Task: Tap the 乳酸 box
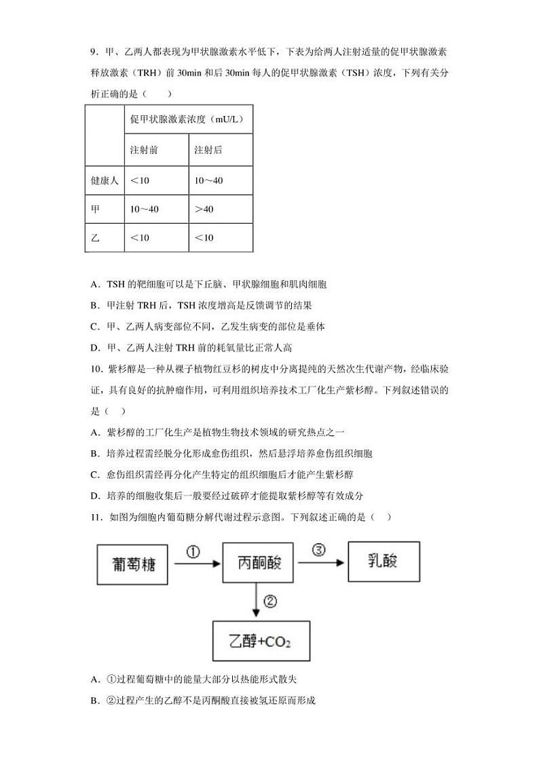tap(383, 561)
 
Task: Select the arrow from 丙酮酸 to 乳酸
tap(320, 562)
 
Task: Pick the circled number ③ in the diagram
tap(319, 549)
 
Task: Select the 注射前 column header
tap(144, 150)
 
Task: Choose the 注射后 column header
tap(208, 150)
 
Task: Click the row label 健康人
tap(105, 180)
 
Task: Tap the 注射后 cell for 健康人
tap(209, 180)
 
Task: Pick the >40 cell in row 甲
tap(204, 209)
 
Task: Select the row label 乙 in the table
tap(95, 237)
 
